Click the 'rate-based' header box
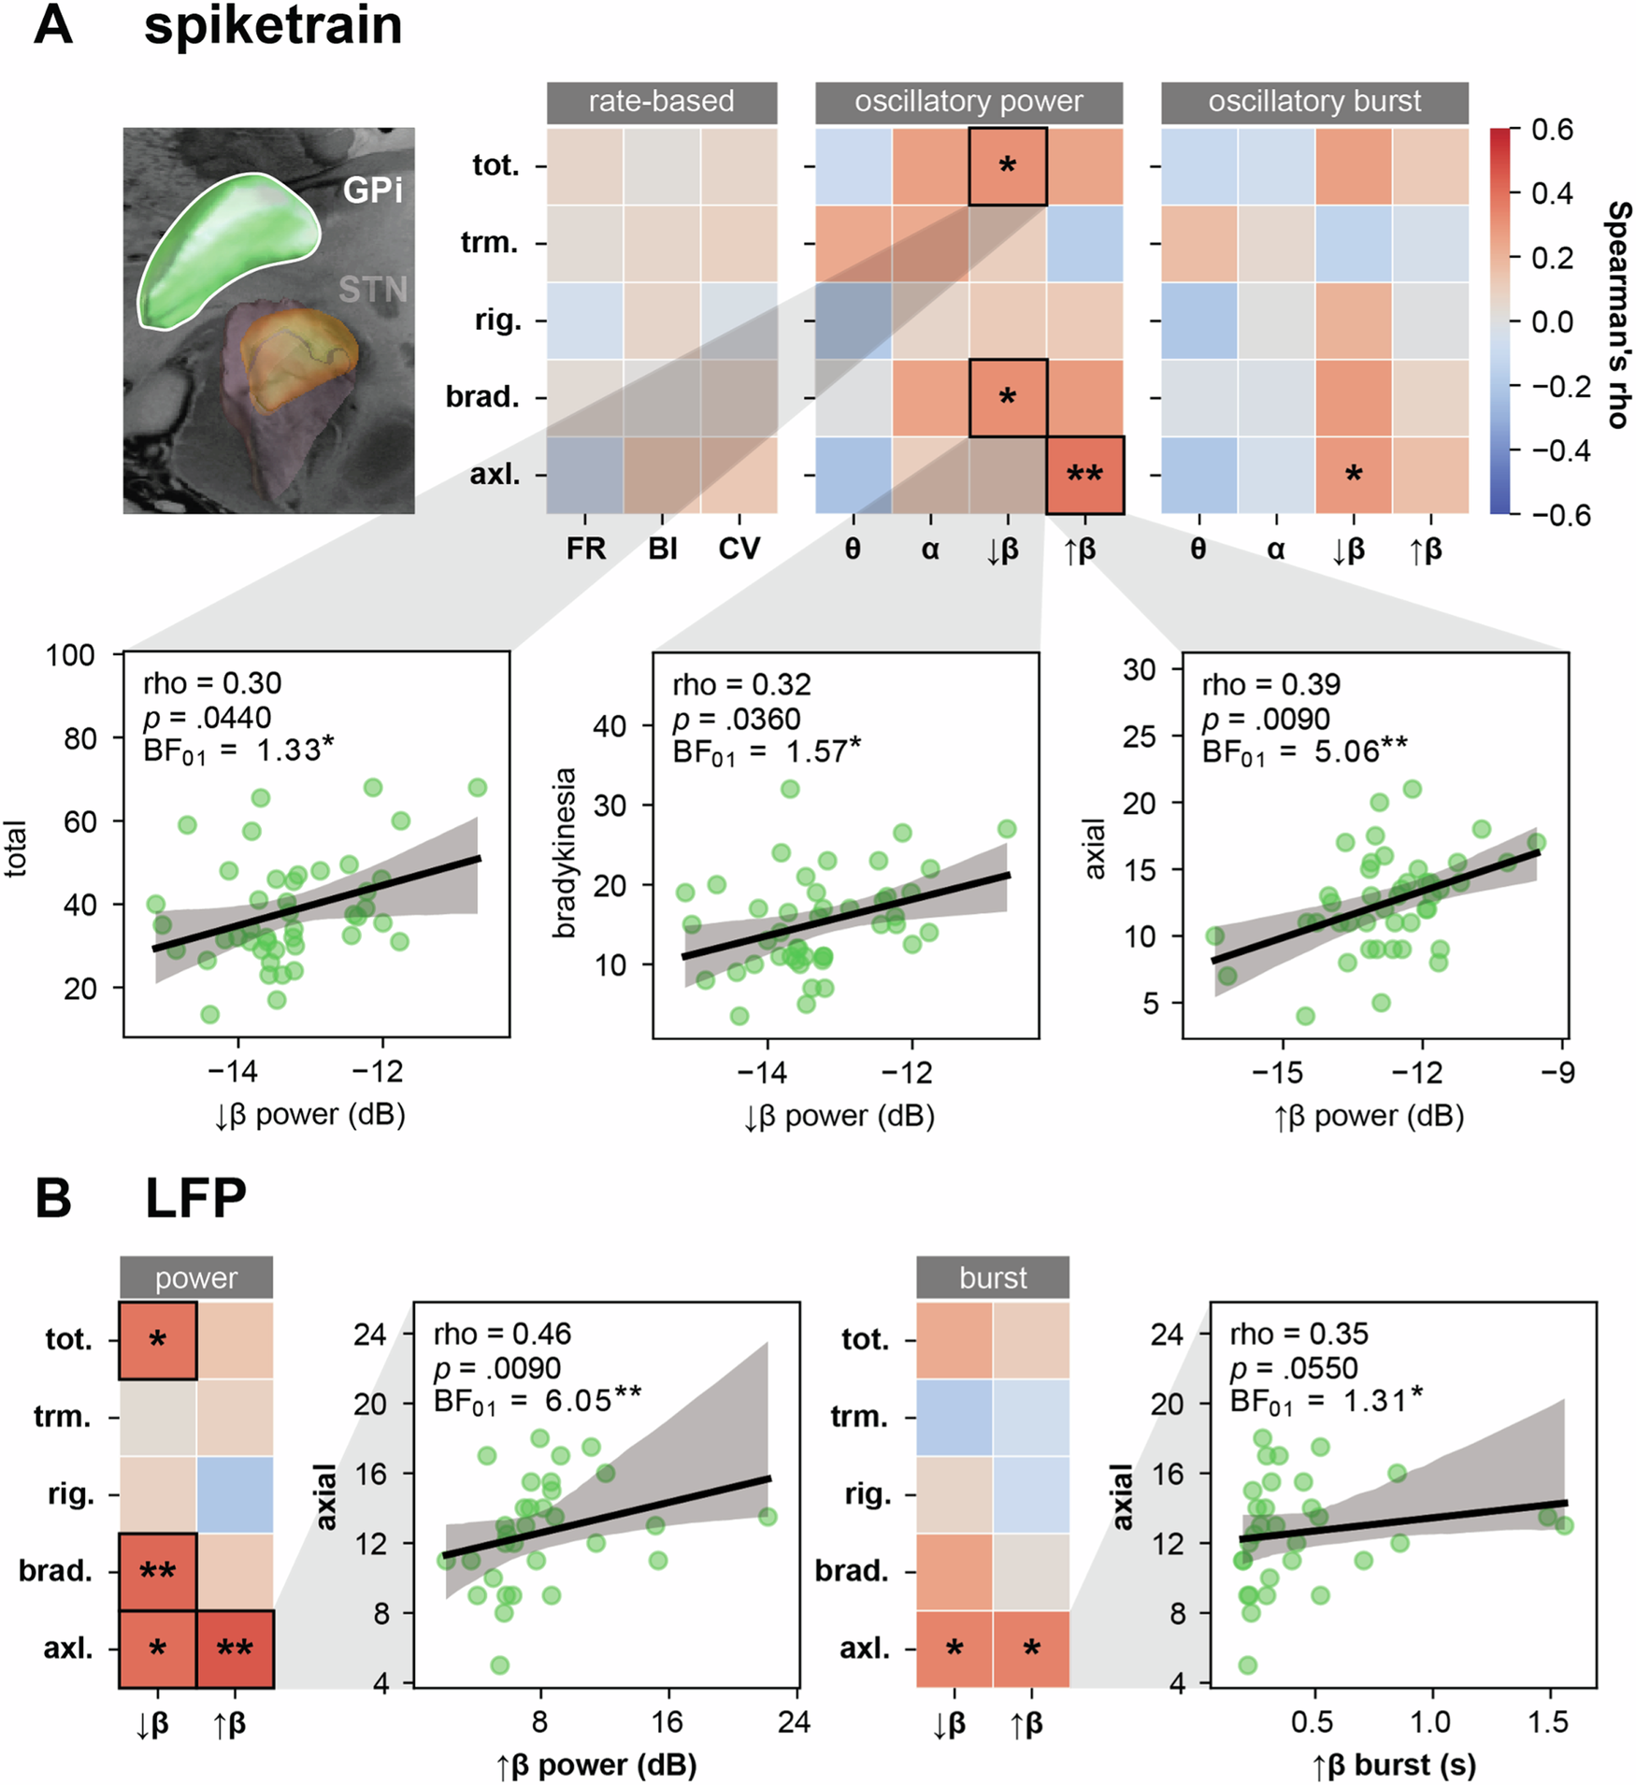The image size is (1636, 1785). click(x=661, y=102)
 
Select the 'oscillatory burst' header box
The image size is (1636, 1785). click(x=1313, y=102)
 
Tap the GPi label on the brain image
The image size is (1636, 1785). click(x=372, y=191)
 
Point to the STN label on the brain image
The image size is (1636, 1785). click(x=372, y=290)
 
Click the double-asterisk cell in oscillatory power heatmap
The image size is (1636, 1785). click(x=1084, y=475)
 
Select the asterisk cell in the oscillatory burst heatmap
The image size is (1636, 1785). click(x=1353, y=475)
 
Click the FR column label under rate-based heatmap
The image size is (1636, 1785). click(x=585, y=549)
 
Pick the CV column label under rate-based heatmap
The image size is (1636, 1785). click(x=739, y=549)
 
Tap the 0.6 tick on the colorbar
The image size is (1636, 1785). click(x=1552, y=130)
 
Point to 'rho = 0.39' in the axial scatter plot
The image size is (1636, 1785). click(x=1270, y=685)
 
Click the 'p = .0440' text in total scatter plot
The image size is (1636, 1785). click(x=207, y=718)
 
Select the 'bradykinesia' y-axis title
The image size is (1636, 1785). click(x=565, y=852)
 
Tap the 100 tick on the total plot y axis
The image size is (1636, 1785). click(x=71, y=655)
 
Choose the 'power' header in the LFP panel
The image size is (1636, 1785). click(x=196, y=1278)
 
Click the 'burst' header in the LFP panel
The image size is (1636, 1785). click(x=992, y=1278)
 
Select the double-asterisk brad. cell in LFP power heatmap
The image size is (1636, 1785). click(x=157, y=1571)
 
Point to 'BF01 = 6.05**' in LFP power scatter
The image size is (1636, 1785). click(x=538, y=1401)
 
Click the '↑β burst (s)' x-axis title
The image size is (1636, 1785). click(x=1394, y=1764)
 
